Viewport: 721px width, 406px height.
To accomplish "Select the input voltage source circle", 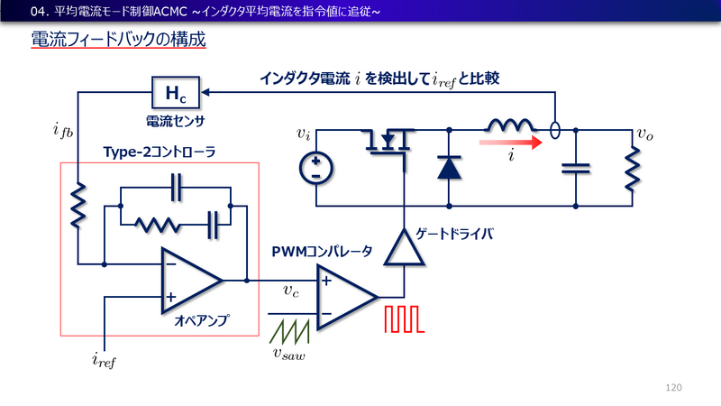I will coord(317,168).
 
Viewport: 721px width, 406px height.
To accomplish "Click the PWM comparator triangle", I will coord(346,296).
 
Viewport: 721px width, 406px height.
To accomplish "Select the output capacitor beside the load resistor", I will coord(574,167).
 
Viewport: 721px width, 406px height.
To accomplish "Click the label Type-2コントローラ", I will coord(148,152).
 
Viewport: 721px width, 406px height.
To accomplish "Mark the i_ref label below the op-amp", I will coord(105,361).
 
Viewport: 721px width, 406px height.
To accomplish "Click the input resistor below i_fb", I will coord(78,205).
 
